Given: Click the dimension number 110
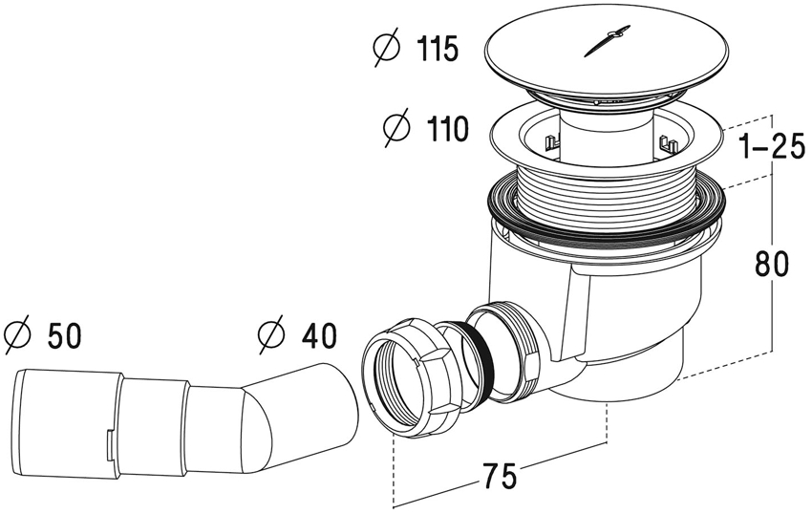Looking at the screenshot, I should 438,129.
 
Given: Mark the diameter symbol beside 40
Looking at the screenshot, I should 272,335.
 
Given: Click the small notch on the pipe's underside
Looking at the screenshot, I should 109,440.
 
